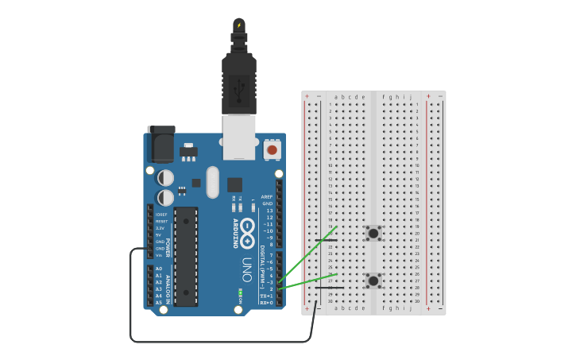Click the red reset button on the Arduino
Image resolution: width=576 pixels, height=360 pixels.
pos(272,149)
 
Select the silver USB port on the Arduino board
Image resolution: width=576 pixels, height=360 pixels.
pos(238,137)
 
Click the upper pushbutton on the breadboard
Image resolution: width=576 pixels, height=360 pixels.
pos(373,233)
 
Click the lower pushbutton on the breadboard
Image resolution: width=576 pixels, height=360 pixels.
pos(373,280)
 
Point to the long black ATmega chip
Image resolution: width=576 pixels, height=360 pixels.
pos(186,256)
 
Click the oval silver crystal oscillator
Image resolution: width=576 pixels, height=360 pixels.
pos(212,182)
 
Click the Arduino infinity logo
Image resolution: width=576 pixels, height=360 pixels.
pos(248,226)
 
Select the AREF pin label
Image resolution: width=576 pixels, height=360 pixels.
pos(268,196)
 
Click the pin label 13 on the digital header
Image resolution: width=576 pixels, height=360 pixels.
pos(269,210)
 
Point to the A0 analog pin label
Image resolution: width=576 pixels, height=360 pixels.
pos(158,269)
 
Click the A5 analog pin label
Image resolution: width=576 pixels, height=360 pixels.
pos(158,302)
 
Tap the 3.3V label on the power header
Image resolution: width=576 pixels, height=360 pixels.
pos(160,227)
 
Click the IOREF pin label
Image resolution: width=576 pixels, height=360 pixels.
pos(161,214)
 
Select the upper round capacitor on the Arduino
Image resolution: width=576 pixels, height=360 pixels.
pos(165,177)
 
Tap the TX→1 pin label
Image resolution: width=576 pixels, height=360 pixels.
pos(267,296)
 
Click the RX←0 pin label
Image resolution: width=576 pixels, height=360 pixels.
pos(267,303)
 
